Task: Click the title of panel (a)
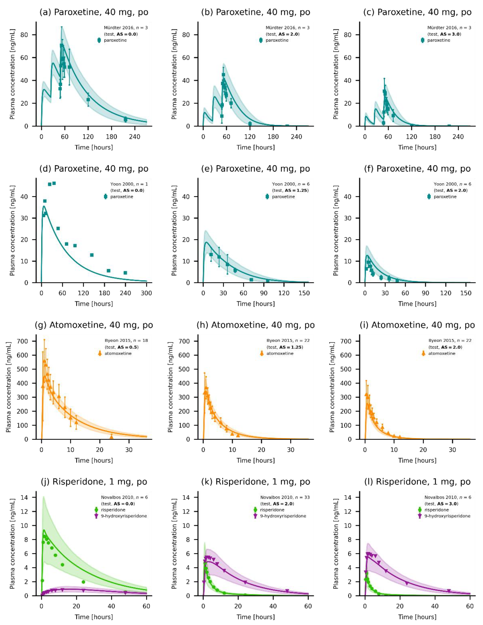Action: (94, 12)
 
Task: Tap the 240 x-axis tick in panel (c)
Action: (458, 137)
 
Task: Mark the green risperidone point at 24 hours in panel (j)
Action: (83, 582)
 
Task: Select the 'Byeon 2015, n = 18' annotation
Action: (126, 341)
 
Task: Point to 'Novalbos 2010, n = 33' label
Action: (285, 497)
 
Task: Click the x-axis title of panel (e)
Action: (255, 304)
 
